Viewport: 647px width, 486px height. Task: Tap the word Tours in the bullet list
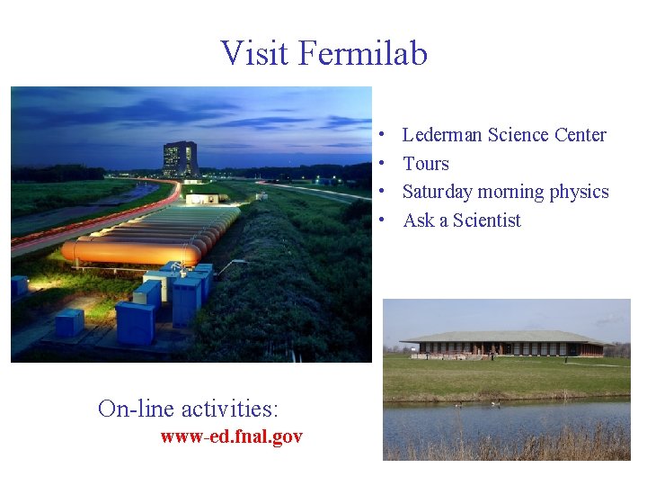pos(426,164)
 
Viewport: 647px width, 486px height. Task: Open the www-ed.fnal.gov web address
pos(231,436)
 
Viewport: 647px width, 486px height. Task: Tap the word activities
pos(230,409)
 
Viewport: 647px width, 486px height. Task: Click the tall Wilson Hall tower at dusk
pos(180,159)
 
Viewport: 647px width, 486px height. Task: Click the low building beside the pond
pos(503,344)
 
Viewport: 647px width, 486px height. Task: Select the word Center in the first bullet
pos(580,135)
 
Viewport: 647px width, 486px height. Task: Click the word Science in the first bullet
pos(518,135)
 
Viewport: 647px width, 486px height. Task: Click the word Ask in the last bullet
pos(417,220)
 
